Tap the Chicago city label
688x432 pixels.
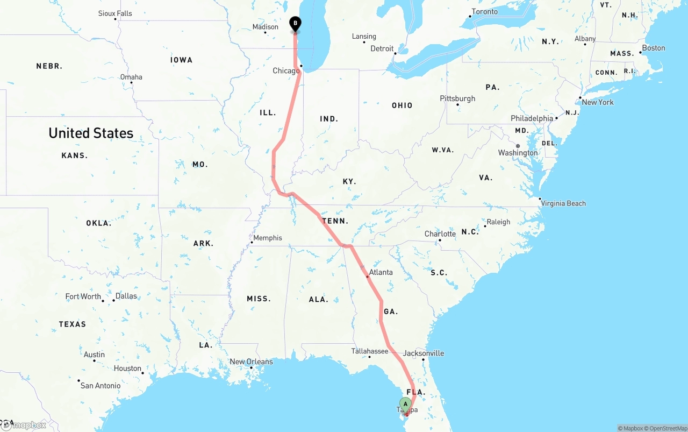[285, 71]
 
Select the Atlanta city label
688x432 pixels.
[381, 272]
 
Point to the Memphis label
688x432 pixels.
[267, 238]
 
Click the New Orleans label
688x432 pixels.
[251, 362]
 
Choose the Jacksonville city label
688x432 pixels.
[424, 353]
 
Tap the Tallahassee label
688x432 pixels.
[369, 351]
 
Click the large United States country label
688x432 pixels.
[91, 133]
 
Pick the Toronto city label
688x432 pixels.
[484, 12]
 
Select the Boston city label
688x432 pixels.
[654, 48]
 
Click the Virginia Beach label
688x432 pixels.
[563, 203]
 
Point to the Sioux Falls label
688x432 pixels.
[115, 13]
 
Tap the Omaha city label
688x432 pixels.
[131, 77]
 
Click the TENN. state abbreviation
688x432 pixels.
[335, 221]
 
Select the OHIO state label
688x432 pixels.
[402, 105]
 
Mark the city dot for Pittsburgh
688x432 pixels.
[458, 104]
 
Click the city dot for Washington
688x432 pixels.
[518, 146]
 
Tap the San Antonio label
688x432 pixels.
[101, 386]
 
